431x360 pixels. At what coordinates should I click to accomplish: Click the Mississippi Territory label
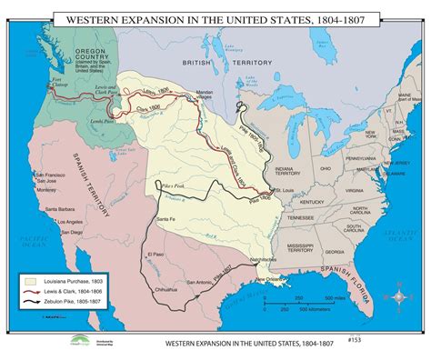pyautogui.click(x=307, y=245)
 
